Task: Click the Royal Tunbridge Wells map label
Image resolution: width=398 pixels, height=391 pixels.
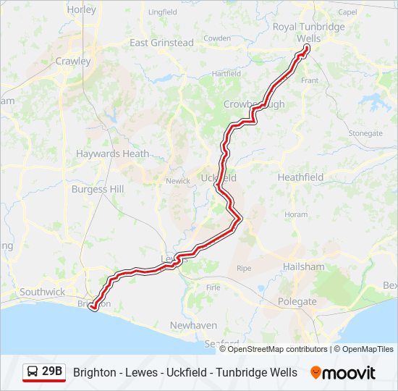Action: coord(308,33)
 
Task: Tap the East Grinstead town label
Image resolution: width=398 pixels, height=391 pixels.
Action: coord(162,43)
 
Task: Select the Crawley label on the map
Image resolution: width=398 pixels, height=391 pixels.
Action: coord(73,62)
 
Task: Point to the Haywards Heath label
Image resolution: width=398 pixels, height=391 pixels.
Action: coord(112,154)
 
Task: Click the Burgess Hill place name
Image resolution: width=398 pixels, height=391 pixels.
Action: coord(98,189)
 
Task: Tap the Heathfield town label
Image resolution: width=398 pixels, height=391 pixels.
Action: coord(300,177)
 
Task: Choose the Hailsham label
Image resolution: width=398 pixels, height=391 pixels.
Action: coord(304,266)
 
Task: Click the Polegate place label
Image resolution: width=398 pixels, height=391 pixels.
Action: coord(297,301)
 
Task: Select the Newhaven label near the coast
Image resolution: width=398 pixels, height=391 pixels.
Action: coord(192,325)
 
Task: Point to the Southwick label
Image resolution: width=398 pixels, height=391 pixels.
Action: coord(42,292)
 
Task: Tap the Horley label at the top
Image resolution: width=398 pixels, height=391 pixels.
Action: coord(81,10)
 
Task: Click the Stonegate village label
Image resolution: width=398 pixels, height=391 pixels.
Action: coord(365,133)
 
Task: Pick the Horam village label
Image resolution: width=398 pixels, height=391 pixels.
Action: coord(296,214)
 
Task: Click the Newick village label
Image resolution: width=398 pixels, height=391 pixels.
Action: coord(177,181)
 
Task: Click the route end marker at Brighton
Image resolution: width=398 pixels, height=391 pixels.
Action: coord(93,308)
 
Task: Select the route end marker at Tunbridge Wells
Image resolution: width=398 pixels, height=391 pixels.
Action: coord(306,48)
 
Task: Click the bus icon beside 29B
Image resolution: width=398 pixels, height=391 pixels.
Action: coord(33,372)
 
